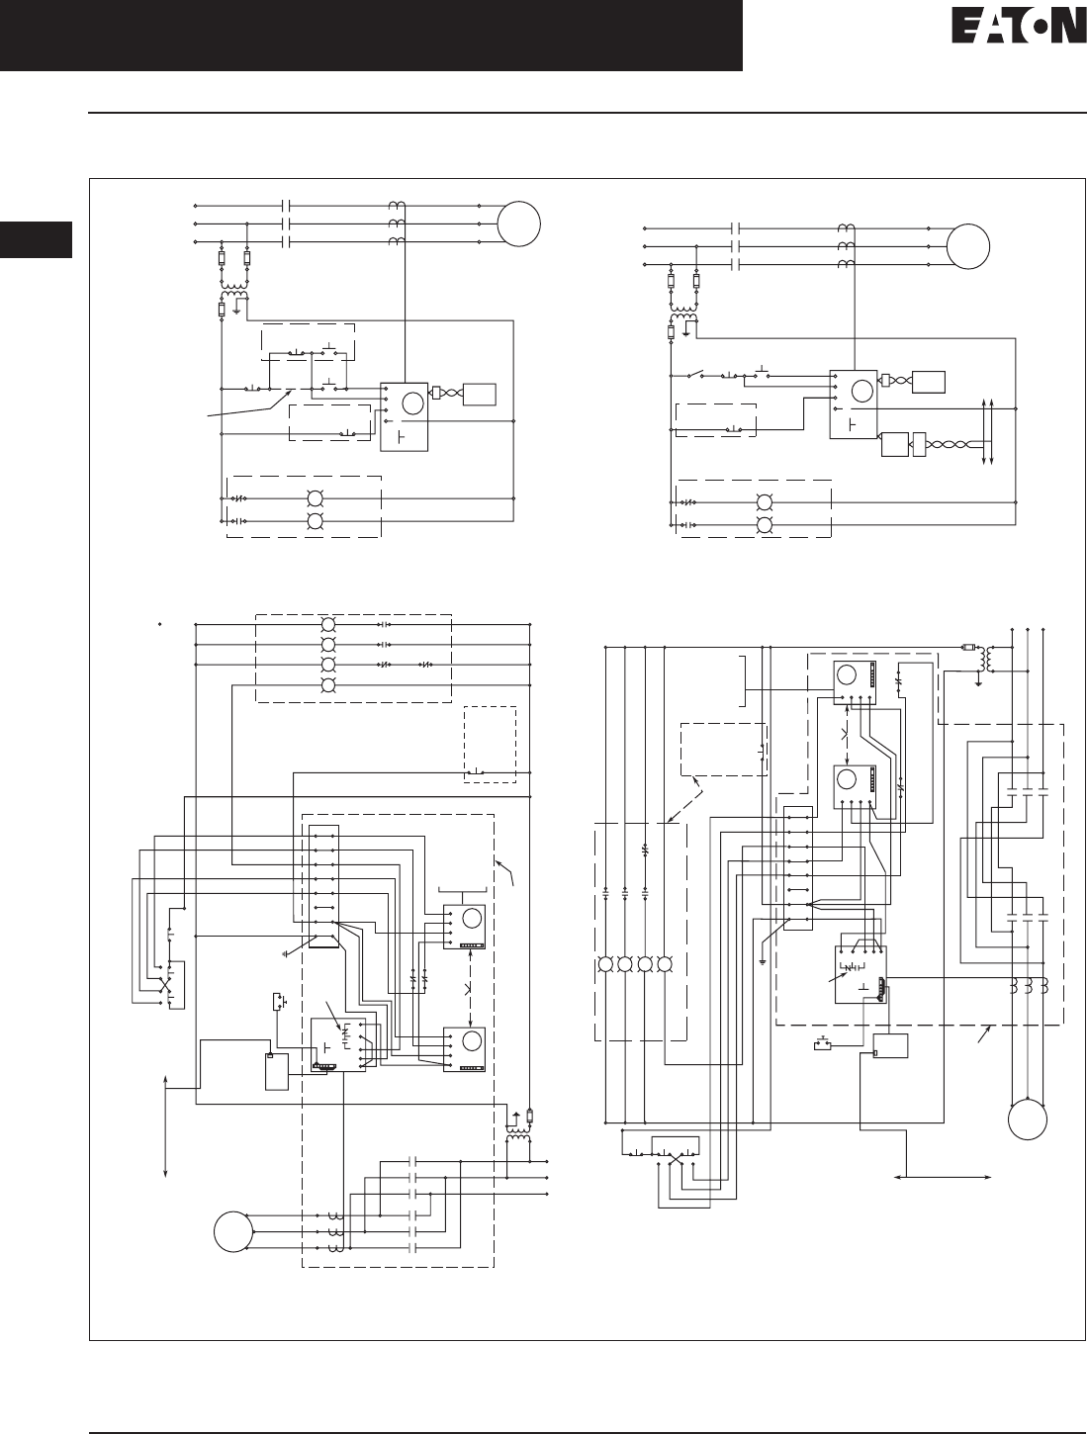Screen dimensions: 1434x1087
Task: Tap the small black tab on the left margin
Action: pyautogui.click(x=36, y=241)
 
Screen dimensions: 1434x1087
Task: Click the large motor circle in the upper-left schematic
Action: pyautogui.click(x=519, y=224)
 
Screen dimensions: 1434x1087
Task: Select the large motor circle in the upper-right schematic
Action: pyautogui.click(x=969, y=246)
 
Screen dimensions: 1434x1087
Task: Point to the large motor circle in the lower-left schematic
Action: pyautogui.click(x=233, y=1231)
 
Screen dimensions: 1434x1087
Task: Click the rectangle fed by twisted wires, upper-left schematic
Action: pyautogui.click(x=479, y=395)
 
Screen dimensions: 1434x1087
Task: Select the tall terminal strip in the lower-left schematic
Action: pyautogui.click(x=322, y=885)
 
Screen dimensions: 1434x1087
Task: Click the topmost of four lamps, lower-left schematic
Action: pyautogui.click(x=329, y=625)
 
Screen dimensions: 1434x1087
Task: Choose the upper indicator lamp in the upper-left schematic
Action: pyautogui.click(x=316, y=498)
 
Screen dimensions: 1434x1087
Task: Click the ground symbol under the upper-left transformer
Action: pyautogui.click(x=234, y=309)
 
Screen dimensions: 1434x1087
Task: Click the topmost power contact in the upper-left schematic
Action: pyautogui.click(x=286, y=206)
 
